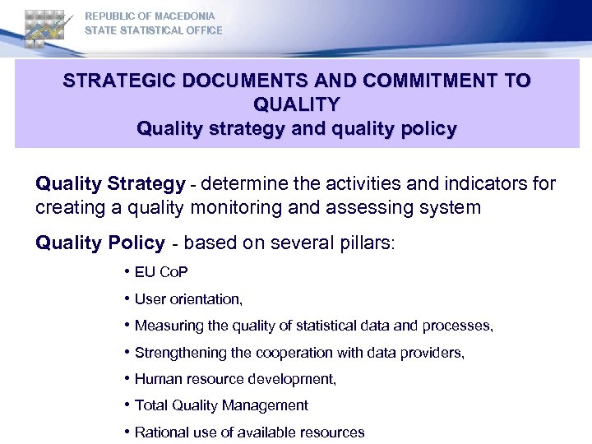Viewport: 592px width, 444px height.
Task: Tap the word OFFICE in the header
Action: point(204,30)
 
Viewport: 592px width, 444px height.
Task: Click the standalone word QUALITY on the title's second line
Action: point(297,105)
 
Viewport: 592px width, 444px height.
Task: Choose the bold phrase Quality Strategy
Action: point(110,183)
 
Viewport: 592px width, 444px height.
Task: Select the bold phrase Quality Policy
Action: point(100,243)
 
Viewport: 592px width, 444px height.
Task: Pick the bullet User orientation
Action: point(188,299)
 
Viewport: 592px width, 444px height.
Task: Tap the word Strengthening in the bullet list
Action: point(178,353)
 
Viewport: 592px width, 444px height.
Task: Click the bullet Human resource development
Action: point(235,379)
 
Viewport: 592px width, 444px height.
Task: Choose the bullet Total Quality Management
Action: point(221,405)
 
